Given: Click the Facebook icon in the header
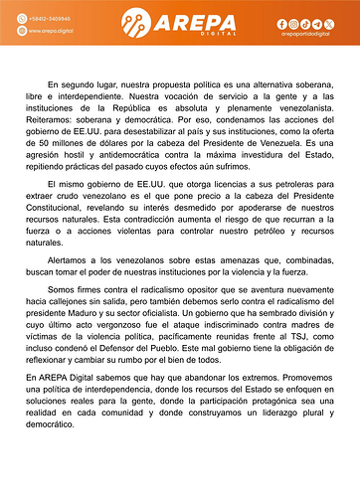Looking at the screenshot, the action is (281, 23).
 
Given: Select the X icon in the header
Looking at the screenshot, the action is (329, 23).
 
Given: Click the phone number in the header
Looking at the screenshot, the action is (49, 18).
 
